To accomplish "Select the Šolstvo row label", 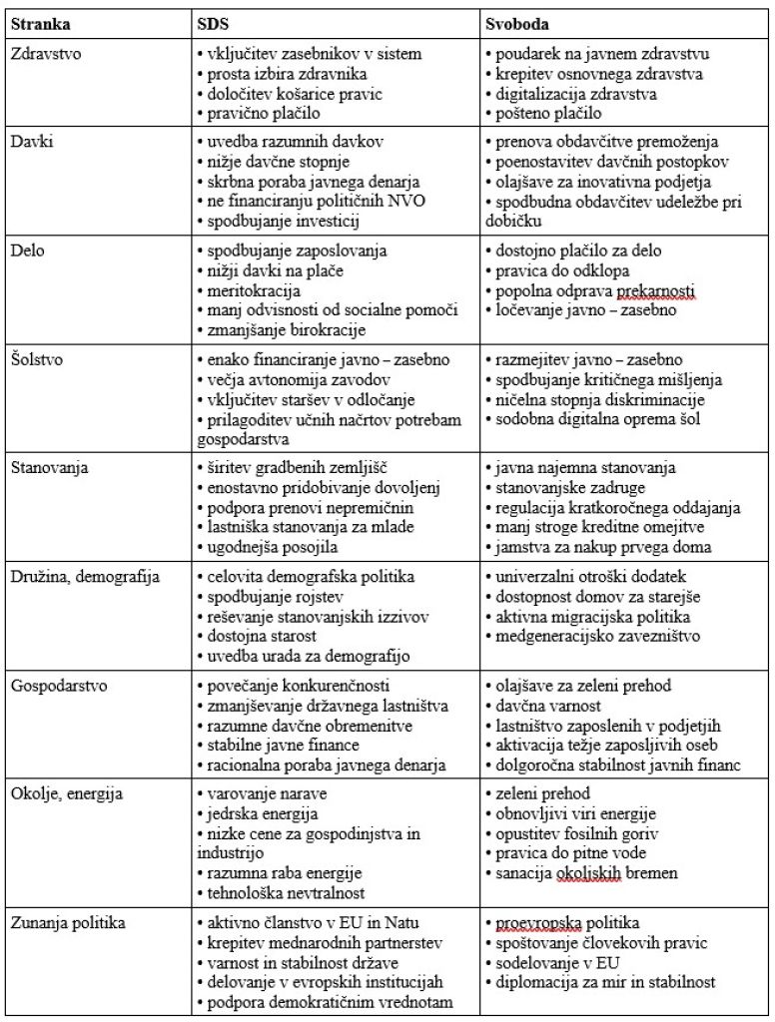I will (x=37, y=359).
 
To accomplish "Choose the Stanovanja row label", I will (x=48, y=467).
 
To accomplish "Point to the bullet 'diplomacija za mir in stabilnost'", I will (x=605, y=983).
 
